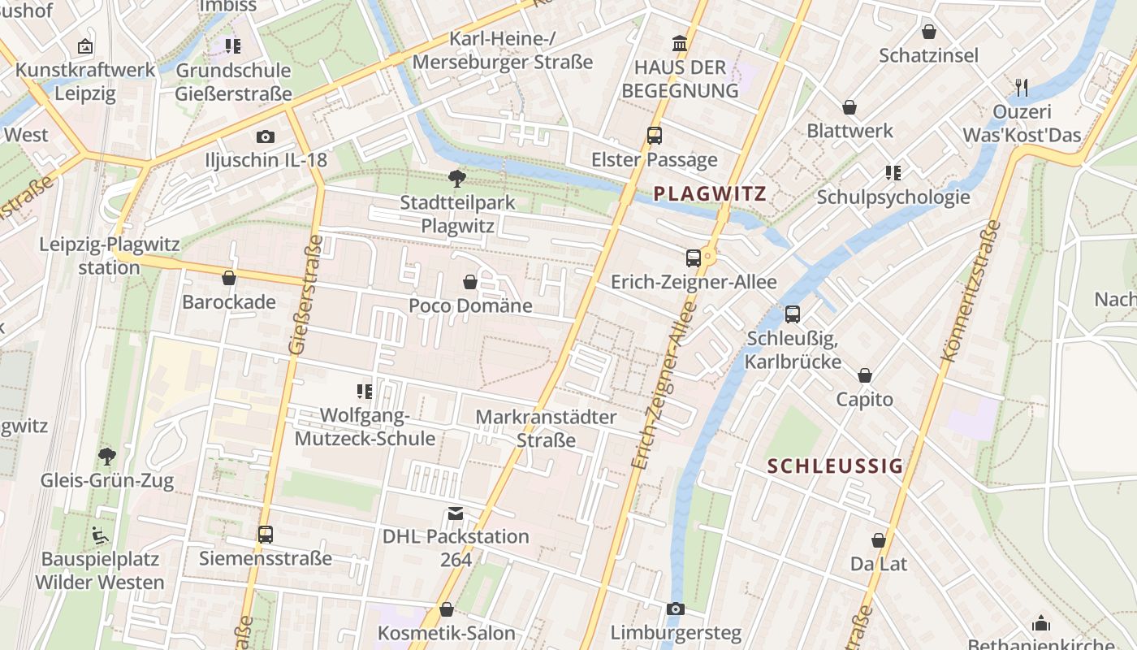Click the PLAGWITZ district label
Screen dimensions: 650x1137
coord(710,193)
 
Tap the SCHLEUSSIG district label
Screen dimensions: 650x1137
coord(835,466)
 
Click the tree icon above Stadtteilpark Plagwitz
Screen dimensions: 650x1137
coord(457,178)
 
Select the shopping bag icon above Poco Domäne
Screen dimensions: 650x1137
coord(469,282)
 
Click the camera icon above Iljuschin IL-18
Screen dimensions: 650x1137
coord(265,136)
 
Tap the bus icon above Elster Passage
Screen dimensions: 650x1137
coord(655,136)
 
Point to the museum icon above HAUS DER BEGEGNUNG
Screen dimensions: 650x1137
coord(679,42)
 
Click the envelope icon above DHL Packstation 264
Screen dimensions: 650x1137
coord(456,513)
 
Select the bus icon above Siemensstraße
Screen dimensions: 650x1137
coord(266,535)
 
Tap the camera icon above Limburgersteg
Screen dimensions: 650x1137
coord(676,609)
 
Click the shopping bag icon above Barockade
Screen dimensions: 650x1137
coord(229,278)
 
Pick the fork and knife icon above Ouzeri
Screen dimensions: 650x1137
coord(1022,87)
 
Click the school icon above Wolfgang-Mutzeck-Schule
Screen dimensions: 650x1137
coord(365,392)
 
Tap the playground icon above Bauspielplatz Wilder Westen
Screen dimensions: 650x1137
coord(100,535)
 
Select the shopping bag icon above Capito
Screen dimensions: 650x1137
coord(865,375)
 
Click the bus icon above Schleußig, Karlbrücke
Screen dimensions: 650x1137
coord(793,314)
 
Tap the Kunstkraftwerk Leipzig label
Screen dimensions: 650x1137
coord(85,81)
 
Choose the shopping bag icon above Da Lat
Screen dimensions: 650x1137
coord(879,539)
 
